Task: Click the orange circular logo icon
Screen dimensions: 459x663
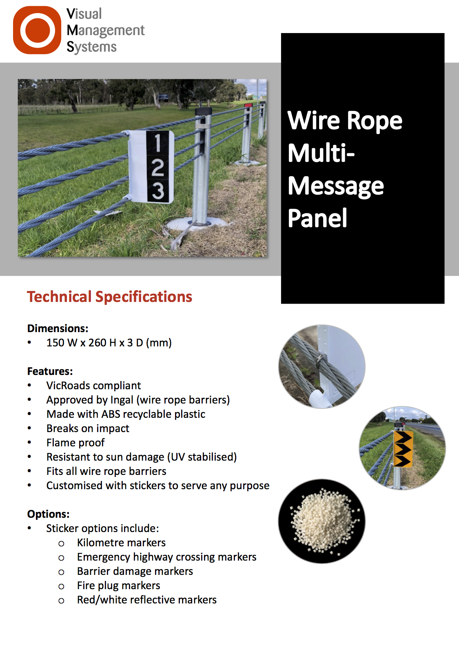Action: point(37,30)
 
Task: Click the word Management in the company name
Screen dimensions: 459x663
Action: point(106,31)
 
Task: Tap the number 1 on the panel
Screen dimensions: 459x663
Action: point(158,143)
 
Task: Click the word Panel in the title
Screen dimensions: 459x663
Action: point(317,218)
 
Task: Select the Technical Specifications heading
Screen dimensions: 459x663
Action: point(109,297)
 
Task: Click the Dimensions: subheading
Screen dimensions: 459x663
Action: point(58,328)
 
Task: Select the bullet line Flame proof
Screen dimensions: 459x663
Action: point(75,443)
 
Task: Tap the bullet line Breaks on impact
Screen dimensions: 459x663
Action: point(88,428)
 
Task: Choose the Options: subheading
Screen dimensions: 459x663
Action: point(48,514)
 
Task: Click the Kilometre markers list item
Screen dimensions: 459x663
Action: point(121,543)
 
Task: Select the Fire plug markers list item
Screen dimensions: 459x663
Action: point(119,586)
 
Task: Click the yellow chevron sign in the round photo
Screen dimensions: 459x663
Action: point(403,449)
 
